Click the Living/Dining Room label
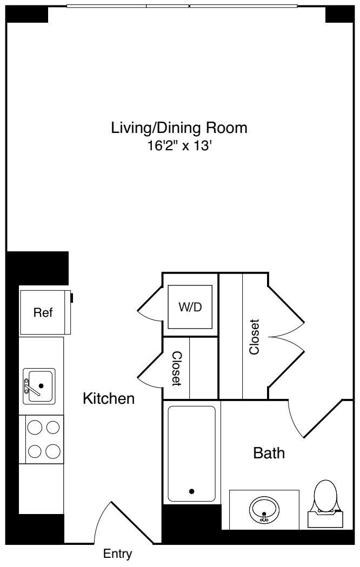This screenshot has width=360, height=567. [x=179, y=129]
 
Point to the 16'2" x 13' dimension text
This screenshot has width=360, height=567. [x=179, y=146]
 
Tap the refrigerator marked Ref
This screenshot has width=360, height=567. [x=43, y=312]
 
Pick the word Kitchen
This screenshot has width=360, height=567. [x=108, y=399]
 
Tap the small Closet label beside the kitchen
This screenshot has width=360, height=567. [x=176, y=369]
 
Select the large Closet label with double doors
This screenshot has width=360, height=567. [x=254, y=336]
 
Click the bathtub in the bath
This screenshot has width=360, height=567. [x=191, y=453]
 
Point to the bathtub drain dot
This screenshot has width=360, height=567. [x=191, y=491]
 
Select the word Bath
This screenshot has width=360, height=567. [x=269, y=453]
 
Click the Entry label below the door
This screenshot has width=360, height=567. [x=117, y=554]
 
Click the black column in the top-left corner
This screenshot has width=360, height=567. [x=27, y=15]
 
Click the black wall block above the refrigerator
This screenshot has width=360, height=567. [x=38, y=268]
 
